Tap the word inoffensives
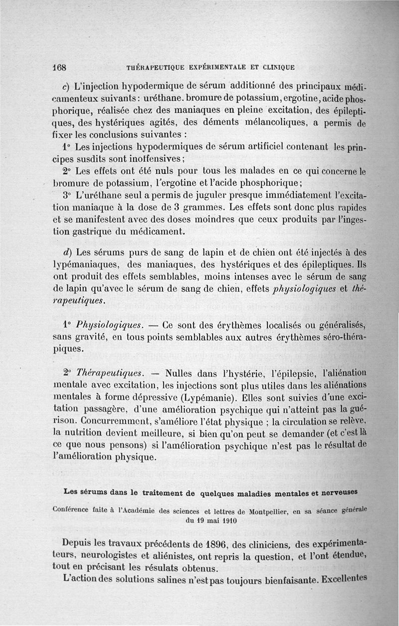(155, 159)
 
